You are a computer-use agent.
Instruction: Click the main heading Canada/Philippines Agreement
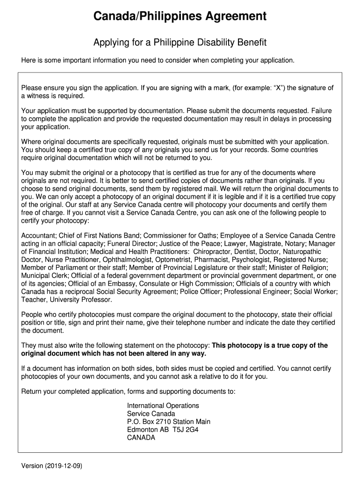[180, 17]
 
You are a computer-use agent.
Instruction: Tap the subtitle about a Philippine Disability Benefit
[180, 43]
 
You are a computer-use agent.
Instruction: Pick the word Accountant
[38, 235]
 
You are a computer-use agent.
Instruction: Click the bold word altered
[152, 353]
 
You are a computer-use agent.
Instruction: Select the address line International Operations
[163, 406]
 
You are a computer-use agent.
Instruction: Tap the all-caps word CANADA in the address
[141, 438]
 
